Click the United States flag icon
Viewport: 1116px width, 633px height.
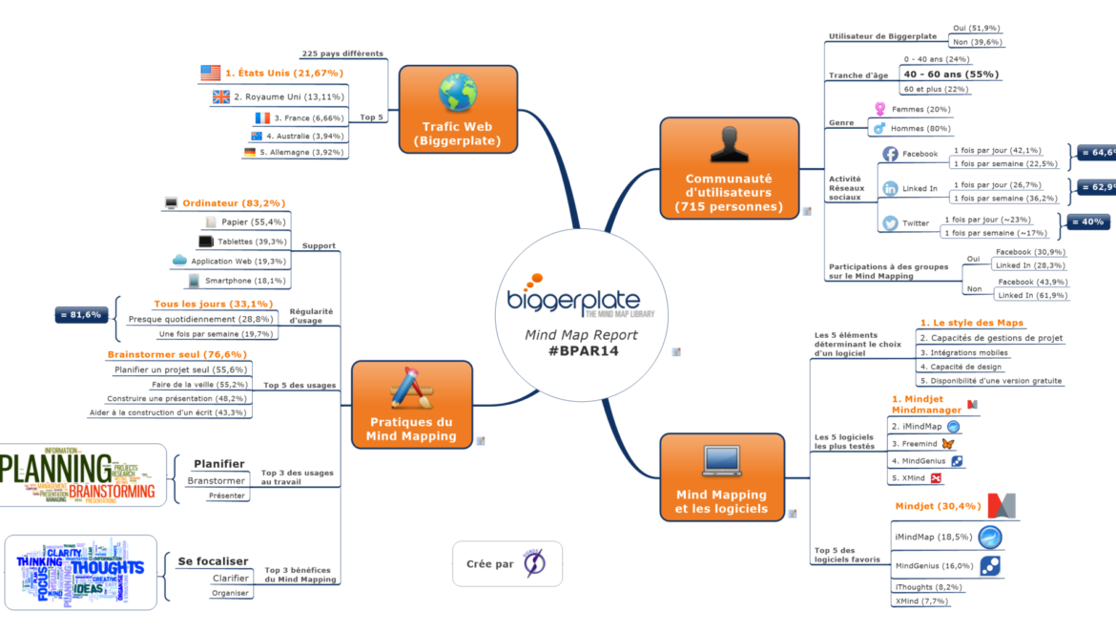click(x=211, y=73)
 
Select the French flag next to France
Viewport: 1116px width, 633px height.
click(x=262, y=118)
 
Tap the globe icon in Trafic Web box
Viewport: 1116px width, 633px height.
click(x=457, y=93)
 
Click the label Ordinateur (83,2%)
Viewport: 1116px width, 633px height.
click(x=233, y=202)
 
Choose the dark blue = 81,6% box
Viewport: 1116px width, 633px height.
click(x=81, y=314)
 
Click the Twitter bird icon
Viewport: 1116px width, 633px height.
click(x=890, y=223)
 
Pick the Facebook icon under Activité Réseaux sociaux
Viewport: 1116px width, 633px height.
click(x=890, y=154)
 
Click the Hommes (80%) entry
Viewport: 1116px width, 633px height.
click(x=920, y=128)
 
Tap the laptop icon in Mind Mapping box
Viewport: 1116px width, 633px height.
click(x=722, y=460)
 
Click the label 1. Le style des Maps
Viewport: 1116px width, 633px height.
click(x=971, y=323)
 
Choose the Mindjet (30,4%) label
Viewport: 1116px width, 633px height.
click(x=938, y=506)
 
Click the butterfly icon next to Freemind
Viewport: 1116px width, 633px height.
click(x=947, y=443)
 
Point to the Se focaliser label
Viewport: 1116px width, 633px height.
click(x=213, y=561)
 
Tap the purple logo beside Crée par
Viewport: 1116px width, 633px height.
click(x=534, y=563)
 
